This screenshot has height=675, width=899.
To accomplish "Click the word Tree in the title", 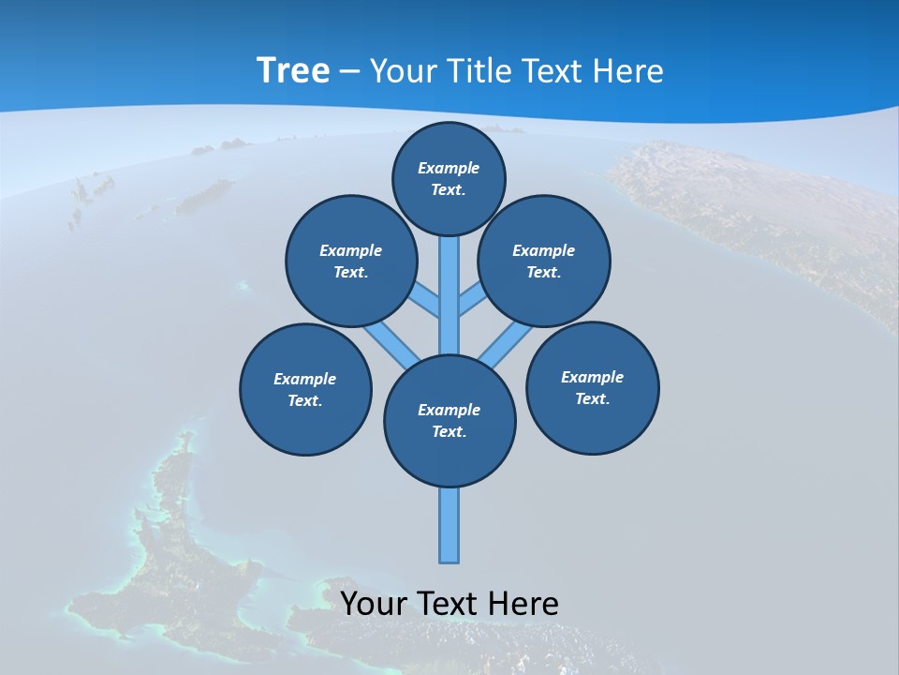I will (293, 70).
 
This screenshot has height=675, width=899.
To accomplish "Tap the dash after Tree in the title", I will (349, 72).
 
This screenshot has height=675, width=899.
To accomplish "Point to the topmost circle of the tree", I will (449, 178).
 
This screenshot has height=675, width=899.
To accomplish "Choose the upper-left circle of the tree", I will (351, 262).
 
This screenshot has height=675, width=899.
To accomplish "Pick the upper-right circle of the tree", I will (544, 262).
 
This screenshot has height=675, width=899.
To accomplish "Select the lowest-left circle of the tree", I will (305, 390).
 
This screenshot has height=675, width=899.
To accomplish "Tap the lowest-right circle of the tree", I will (593, 388).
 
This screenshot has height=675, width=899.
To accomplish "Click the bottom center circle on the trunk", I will (449, 421).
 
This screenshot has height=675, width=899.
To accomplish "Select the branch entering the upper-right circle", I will (472, 301).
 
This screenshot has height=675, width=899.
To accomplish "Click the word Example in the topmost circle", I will (449, 168).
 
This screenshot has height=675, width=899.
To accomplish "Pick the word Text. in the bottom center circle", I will (449, 432).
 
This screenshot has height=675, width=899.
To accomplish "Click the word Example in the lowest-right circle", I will (592, 377).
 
